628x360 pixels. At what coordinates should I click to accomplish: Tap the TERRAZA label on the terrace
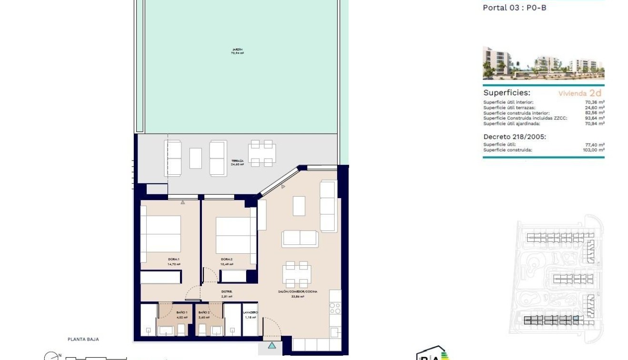point(237,161)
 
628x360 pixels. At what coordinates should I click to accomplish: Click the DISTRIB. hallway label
point(226,291)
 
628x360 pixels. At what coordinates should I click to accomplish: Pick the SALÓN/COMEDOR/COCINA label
point(298,291)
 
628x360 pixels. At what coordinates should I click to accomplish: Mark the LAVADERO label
point(250,312)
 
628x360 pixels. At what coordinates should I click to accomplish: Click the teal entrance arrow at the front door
point(272,346)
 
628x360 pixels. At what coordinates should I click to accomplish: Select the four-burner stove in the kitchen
point(335,309)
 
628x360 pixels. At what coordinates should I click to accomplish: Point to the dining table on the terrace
point(261,153)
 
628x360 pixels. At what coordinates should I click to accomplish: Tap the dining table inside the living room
point(297,274)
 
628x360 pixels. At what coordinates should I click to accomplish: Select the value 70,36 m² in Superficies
point(595,102)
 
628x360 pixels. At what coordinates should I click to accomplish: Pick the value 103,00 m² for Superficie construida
point(594,150)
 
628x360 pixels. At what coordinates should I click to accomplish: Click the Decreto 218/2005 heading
point(515,137)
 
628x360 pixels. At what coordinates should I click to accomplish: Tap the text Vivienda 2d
point(580,93)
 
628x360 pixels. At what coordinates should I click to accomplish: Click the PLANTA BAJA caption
point(83,340)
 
